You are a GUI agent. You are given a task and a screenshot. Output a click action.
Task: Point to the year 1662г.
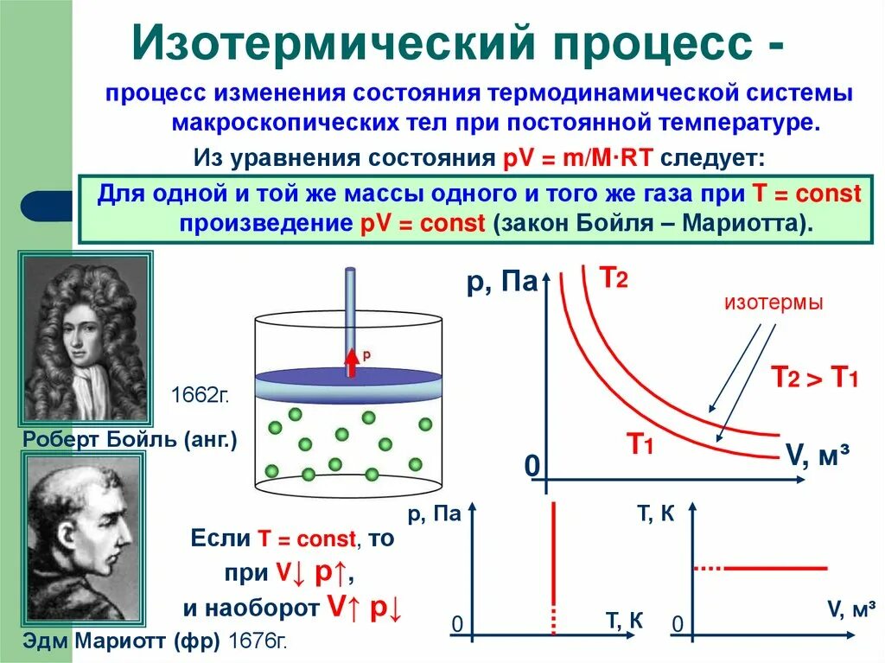[x=200, y=395]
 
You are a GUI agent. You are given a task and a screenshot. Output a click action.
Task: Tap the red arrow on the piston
[x=352, y=361]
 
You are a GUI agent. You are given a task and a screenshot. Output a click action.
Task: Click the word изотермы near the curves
[x=774, y=303]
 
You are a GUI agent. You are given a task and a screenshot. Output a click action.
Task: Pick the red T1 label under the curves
[x=639, y=445]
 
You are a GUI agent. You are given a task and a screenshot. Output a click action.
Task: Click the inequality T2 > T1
[x=814, y=377]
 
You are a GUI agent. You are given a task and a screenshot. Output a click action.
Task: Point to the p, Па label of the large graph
[x=502, y=282]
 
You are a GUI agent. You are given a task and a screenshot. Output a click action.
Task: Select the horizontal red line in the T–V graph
[x=775, y=568]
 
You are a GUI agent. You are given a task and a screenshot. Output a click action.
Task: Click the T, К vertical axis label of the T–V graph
[x=655, y=514]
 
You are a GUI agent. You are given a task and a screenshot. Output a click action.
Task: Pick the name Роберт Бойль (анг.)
[x=130, y=440]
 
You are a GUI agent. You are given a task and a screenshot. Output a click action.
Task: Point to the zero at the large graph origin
[x=532, y=467]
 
